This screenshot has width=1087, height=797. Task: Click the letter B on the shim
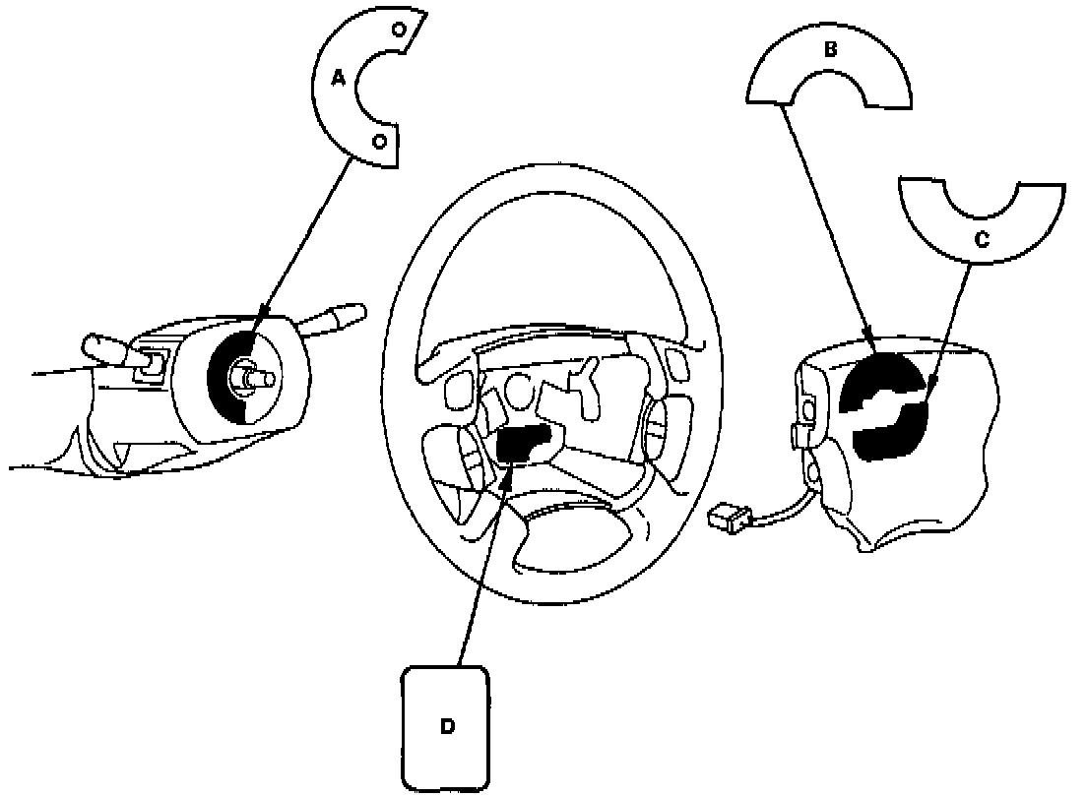click(x=830, y=48)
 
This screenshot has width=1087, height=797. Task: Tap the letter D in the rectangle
click(x=447, y=726)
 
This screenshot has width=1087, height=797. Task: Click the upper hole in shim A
click(x=400, y=29)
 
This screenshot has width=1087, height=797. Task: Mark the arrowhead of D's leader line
click(x=508, y=471)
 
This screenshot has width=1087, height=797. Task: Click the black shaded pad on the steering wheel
click(x=522, y=444)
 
